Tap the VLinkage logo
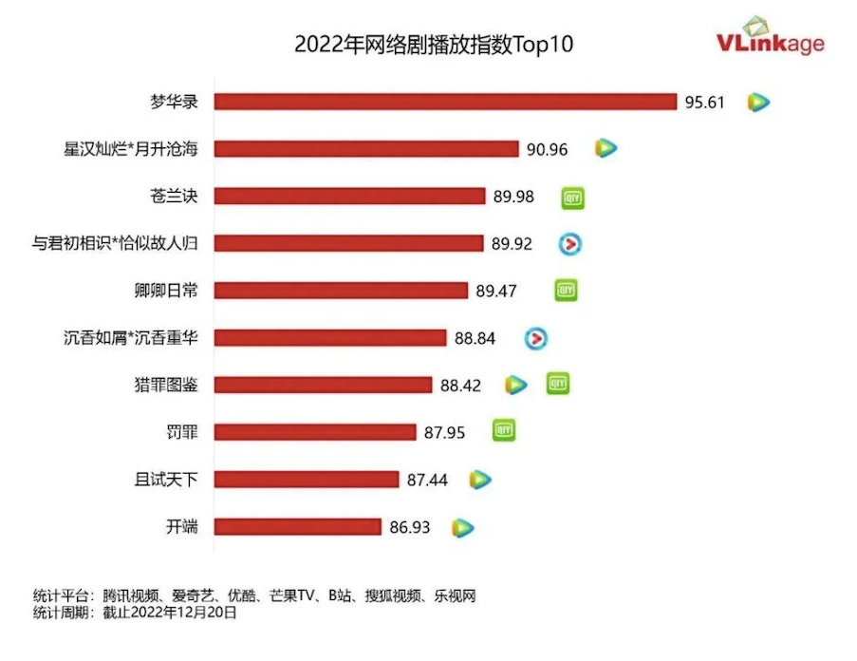(x=770, y=39)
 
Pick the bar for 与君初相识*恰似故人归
(x=348, y=243)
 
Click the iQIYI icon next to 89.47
(x=566, y=291)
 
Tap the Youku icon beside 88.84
(x=537, y=338)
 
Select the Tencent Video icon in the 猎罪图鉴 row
(x=515, y=385)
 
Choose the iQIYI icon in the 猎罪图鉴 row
(x=558, y=384)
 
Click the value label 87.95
(x=444, y=432)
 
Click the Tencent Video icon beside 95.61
(x=757, y=102)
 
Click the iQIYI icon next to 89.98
(x=571, y=197)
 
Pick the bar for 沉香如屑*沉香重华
(x=329, y=338)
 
